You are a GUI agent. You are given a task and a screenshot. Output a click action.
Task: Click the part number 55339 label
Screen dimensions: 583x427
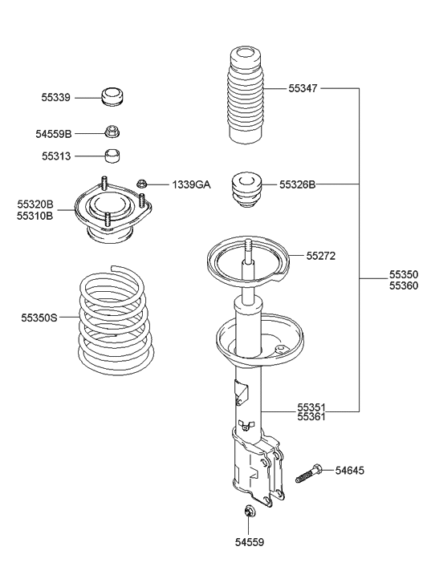(55, 98)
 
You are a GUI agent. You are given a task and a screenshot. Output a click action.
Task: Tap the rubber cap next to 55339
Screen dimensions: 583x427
(113, 95)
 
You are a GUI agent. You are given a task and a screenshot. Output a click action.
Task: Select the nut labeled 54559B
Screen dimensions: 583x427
(113, 132)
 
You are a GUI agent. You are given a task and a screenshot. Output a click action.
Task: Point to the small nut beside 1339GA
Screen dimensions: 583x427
(142, 184)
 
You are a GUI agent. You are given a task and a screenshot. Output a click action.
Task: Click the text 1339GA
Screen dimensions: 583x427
(190, 185)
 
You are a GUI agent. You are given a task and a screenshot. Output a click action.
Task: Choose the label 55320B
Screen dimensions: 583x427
(35, 204)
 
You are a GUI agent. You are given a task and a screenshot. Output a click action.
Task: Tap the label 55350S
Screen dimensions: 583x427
(39, 318)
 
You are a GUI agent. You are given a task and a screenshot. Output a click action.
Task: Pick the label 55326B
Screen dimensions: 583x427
(297, 184)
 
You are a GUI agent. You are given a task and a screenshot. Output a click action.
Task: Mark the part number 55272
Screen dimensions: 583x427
(320, 257)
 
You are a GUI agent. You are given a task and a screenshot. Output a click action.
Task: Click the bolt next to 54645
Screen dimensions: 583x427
(308, 474)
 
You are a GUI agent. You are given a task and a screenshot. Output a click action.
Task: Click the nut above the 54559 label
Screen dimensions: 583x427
(250, 512)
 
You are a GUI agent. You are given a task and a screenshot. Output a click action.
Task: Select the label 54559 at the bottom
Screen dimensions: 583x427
(250, 543)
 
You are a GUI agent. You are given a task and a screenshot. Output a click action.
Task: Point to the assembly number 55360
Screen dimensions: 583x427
(404, 285)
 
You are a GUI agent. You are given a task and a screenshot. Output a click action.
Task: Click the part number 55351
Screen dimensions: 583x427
(311, 407)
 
